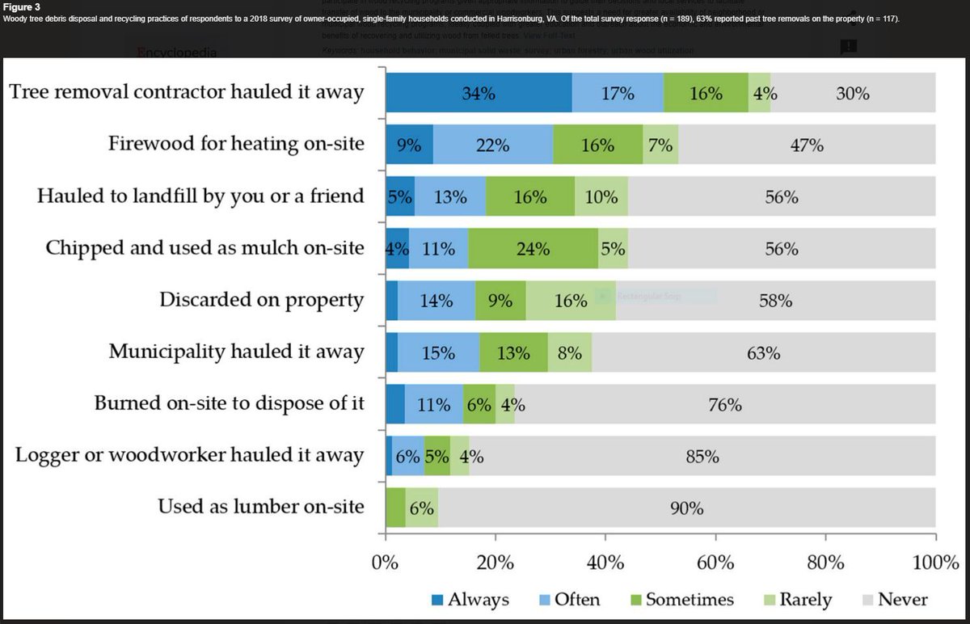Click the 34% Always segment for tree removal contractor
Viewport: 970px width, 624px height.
click(478, 93)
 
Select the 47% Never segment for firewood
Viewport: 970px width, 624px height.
click(806, 145)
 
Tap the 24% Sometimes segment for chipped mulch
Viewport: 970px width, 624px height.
click(533, 250)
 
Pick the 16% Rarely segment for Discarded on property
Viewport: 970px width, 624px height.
click(571, 301)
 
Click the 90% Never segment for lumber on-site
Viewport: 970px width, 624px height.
click(686, 508)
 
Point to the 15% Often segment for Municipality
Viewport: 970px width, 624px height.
click(438, 353)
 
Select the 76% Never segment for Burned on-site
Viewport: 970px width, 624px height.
click(724, 405)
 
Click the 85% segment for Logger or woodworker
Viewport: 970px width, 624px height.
click(702, 457)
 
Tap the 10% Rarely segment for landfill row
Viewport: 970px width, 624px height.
click(601, 197)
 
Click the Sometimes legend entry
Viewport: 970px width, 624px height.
click(689, 599)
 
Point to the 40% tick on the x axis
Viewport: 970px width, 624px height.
click(605, 562)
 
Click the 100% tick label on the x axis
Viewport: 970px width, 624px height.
click(934, 562)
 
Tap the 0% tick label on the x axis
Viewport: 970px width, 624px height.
click(386, 562)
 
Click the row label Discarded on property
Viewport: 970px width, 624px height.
click(261, 300)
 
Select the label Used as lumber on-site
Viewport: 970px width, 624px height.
click(260, 508)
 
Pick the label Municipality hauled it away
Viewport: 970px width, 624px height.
click(236, 352)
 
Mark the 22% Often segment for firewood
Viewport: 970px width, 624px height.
click(492, 145)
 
